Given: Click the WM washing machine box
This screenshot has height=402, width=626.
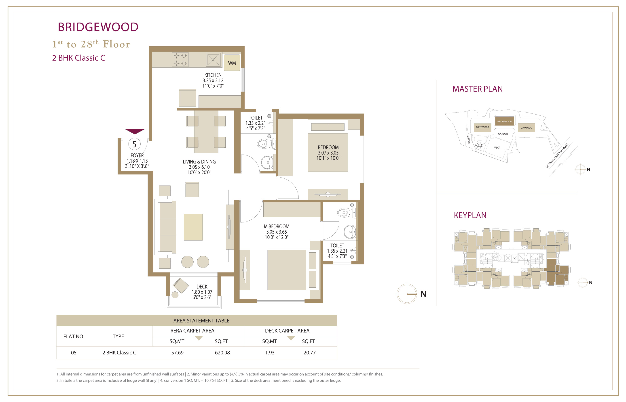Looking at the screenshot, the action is tap(232, 63).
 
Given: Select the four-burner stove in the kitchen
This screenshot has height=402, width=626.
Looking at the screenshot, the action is tap(180, 59).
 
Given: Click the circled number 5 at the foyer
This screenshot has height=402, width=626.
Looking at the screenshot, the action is tap(134, 144).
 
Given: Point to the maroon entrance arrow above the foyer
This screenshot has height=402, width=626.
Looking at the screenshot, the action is tap(135, 131).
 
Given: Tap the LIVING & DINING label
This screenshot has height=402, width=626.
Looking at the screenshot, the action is tap(199, 162).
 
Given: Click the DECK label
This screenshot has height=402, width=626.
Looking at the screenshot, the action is tap(202, 287).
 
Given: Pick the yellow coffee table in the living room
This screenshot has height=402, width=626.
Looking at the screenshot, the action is tap(193, 227).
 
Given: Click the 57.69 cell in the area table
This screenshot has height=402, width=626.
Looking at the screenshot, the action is tap(177, 353).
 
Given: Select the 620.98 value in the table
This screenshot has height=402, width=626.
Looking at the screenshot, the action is tap(222, 353).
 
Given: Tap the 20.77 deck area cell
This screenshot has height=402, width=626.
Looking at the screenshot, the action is tap(310, 353).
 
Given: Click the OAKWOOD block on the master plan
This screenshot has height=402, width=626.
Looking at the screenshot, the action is tap(527, 128).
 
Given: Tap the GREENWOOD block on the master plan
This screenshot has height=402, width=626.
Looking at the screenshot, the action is tap(482, 127).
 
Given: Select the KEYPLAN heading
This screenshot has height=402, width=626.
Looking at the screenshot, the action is tap(470, 215).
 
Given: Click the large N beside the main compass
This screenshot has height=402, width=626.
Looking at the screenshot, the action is tap(423, 294).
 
